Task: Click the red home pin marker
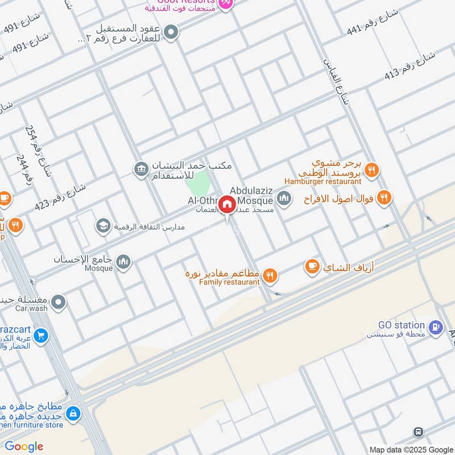pyautogui.click(x=227, y=205)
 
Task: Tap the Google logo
pyautogui.click(x=24, y=446)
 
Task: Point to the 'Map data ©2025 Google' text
pyautogui.click(x=411, y=449)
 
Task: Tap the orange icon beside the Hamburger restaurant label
pyautogui.click(x=372, y=170)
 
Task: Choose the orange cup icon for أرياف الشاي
pyautogui.click(x=312, y=266)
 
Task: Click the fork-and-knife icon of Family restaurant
pyautogui.click(x=270, y=276)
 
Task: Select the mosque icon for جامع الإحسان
pyautogui.click(x=123, y=262)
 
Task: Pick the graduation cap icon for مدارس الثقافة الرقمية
pyautogui.click(x=103, y=226)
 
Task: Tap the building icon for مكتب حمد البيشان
pyautogui.click(x=140, y=169)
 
